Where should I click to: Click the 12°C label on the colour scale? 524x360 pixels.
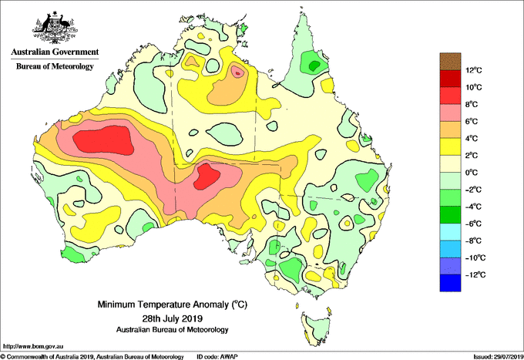pos(474,70)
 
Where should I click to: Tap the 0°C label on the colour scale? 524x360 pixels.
pos(472,173)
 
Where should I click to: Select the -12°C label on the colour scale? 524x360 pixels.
pos(474,274)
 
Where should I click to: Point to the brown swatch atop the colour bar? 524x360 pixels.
pos(450,62)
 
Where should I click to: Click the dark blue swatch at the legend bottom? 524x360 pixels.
pos(450,283)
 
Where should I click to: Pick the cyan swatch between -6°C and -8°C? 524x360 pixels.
pos(450,232)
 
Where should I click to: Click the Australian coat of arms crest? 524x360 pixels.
pos(55,28)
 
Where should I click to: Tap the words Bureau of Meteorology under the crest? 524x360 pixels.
pos(55,66)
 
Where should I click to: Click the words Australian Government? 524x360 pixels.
pos(55,52)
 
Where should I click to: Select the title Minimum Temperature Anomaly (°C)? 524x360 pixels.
pos(172,304)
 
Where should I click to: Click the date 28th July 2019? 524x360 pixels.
pos(172,318)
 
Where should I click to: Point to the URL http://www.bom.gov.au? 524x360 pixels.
pos(33,346)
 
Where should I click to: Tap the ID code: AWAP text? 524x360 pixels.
pos(217,357)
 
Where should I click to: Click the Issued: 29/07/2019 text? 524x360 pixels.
pos(499,357)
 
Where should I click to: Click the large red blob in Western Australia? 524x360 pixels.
pos(103,140)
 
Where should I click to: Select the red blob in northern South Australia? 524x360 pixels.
pos(207,177)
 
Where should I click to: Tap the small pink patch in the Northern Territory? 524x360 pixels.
pos(237,71)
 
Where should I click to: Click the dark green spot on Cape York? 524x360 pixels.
pos(314,66)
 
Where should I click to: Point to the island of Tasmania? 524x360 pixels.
pos(316,328)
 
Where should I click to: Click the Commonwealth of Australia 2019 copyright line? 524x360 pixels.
pos(92,357)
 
